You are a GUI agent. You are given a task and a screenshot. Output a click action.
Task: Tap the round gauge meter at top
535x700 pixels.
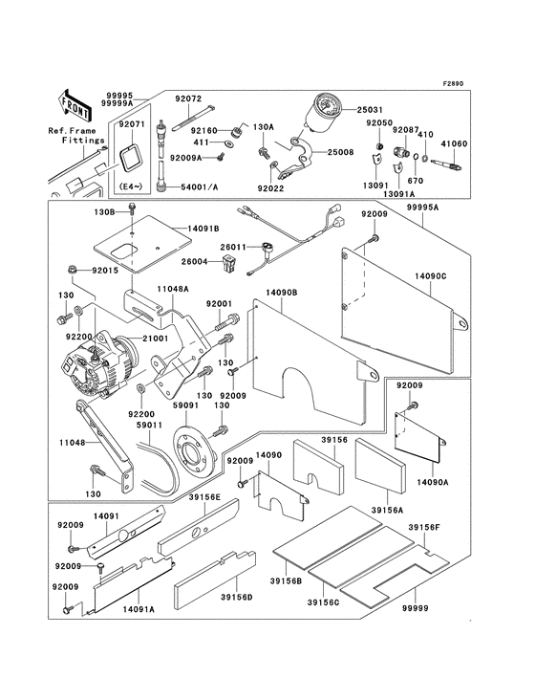click(x=317, y=115)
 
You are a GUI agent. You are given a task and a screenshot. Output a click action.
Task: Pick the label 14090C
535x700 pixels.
click(x=433, y=274)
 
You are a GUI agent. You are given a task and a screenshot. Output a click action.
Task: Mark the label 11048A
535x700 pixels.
click(x=173, y=288)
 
